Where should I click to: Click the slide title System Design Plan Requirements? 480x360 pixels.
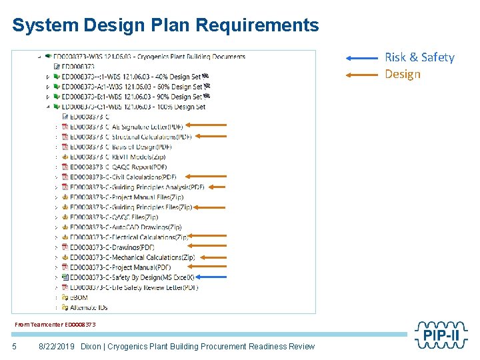165,25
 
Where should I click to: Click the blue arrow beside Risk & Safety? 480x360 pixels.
362,58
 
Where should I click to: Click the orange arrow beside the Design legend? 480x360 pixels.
362,74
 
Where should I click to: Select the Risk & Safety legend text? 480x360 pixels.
419,57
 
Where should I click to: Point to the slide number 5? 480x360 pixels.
14,347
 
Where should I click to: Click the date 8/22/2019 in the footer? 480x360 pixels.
57,347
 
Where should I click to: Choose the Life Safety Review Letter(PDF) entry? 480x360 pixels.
134,287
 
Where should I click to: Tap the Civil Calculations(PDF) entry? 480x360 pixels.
123,177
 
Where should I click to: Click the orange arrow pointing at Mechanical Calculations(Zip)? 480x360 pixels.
213,257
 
